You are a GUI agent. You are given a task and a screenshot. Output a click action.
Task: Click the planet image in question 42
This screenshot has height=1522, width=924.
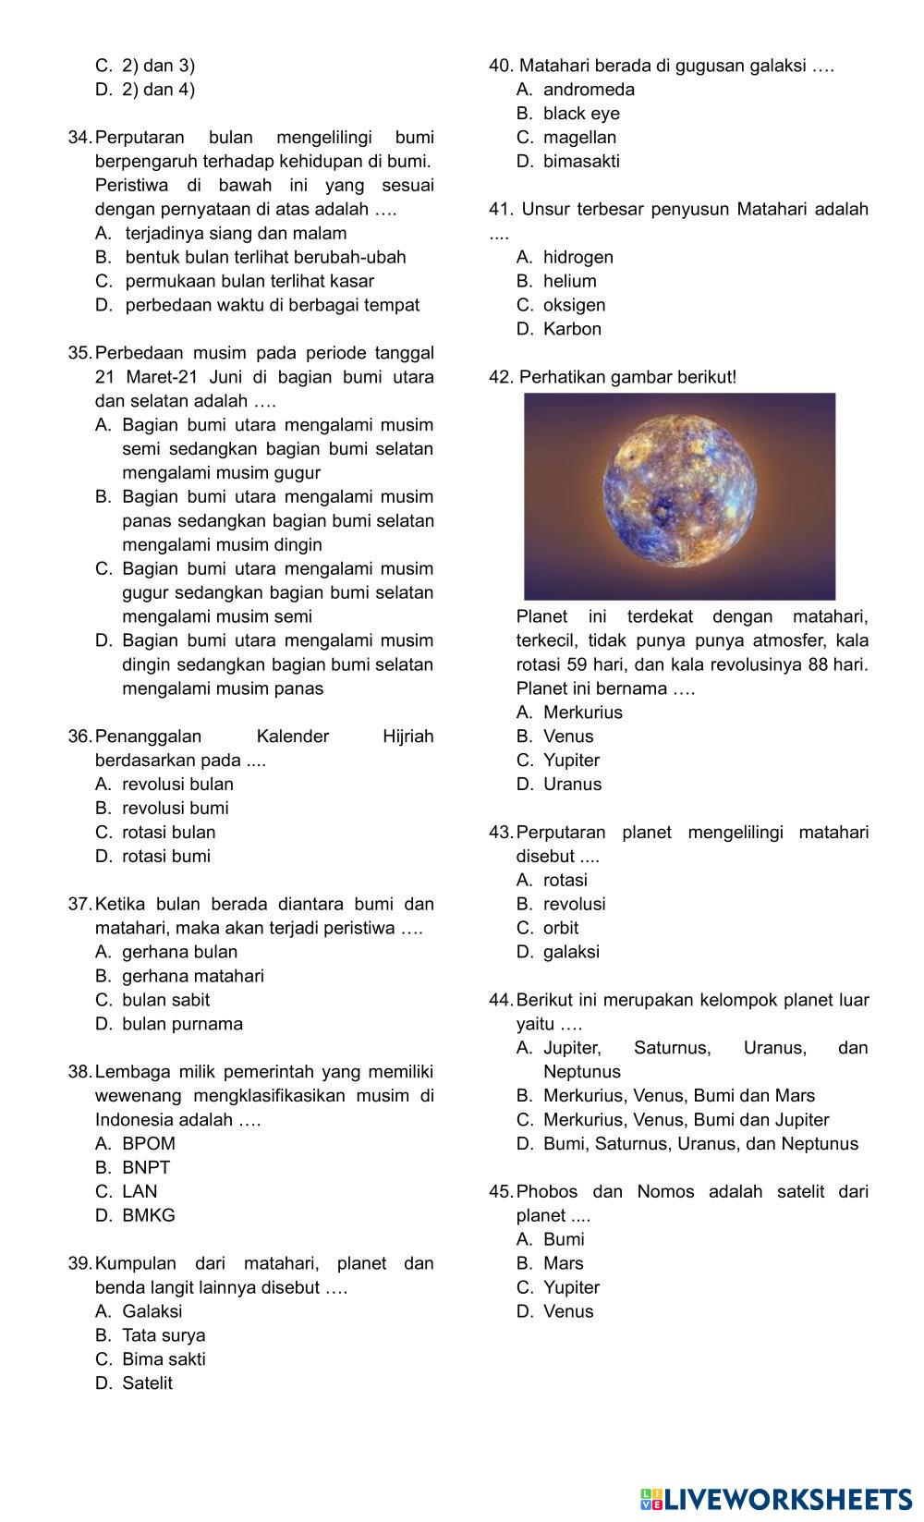pyautogui.click(x=679, y=496)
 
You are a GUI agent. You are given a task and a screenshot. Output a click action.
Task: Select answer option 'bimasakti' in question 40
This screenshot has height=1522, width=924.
pyautogui.click(x=581, y=161)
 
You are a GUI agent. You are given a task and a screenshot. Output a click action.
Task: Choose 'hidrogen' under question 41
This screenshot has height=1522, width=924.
pyautogui.click(x=577, y=257)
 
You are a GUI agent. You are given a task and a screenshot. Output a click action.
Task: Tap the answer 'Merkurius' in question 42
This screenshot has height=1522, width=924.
pyautogui.click(x=582, y=712)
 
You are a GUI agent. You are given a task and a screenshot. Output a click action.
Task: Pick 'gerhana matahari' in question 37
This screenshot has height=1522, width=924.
pyautogui.click(x=192, y=976)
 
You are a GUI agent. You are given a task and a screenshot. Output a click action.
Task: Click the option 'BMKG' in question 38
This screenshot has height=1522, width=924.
pyautogui.click(x=148, y=1215)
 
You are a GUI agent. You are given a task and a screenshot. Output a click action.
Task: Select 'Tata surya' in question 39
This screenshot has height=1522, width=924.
pyautogui.click(x=164, y=1335)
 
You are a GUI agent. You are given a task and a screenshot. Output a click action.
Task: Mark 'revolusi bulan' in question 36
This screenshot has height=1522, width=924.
pyautogui.click(x=177, y=784)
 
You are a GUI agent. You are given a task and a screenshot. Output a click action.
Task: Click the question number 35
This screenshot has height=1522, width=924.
pyautogui.click(x=79, y=353)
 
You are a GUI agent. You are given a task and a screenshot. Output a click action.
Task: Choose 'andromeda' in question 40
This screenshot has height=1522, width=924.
pyautogui.click(x=589, y=90)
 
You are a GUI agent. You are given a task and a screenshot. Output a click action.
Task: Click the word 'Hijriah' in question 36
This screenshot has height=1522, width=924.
pyautogui.click(x=407, y=737)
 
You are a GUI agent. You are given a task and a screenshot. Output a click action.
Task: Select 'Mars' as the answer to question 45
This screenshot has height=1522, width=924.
pyautogui.click(x=563, y=1263)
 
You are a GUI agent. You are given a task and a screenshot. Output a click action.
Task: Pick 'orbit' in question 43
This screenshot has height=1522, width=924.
pyautogui.click(x=561, y=928)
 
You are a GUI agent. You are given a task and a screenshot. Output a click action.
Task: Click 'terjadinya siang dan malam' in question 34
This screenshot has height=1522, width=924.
pyautogui.click(x=236, y=233)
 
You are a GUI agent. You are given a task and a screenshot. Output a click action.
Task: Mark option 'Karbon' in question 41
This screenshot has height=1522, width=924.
pyautogui.click(x=572, y=329)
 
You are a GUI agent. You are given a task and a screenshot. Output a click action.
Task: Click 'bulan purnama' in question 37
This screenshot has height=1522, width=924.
pyautogui.click(x=182, y=1024)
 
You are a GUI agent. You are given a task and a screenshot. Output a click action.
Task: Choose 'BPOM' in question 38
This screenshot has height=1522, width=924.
pyautogui.click(x=148, y=1143)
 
